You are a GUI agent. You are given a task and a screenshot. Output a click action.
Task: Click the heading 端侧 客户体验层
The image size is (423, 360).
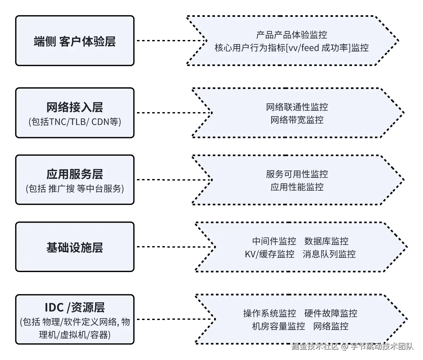pyautogui.click(x=75, y=42)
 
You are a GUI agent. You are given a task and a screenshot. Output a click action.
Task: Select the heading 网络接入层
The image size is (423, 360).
pyautogui.click(x=75, y=107)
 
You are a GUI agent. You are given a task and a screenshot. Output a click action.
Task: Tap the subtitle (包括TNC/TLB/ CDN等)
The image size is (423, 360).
pyautogui.click(x=75, y=122)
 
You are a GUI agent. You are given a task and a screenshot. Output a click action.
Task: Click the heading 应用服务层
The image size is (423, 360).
pyautogui.click(x=75, y=174)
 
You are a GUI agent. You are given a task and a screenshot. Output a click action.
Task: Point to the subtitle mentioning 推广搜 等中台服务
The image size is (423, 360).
pyautogui.click(x=75, y=189)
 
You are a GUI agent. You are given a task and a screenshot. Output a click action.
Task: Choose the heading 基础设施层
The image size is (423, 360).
pyautogui.click(x=75, y=247)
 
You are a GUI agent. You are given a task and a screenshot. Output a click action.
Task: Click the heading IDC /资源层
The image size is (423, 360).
pyautogui.click(x=75, y=307)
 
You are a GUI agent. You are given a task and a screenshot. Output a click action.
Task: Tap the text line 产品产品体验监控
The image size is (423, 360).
pyautogui.click(x=291, y=35)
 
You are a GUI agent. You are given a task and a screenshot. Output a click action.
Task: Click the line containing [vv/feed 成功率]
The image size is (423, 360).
pyautogui.click(x=291, y=48)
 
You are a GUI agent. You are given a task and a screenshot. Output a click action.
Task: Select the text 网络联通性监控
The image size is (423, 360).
pyautogui.click(x=297, y=107)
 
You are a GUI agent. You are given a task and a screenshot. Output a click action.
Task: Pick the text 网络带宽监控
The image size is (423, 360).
pyautogui.click(x=297, y=120)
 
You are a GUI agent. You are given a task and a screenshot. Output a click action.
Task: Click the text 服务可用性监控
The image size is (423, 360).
pyautogui.click(x=297, y=174)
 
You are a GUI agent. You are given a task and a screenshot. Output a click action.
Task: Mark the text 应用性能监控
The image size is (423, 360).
pyautogui.click(x=297, y=187)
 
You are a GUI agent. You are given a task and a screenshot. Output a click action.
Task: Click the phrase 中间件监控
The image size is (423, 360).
pyautogui.click(x=274, y=241)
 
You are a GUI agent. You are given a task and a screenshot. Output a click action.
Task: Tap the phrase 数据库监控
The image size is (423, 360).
pyautogui.click(x=326, y=241)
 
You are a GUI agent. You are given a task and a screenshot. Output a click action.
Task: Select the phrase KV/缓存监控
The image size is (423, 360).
pyautogui.click(x=270, y=254)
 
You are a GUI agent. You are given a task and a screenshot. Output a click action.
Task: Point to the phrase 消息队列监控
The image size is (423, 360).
pyautogui.click(x=329, y=254)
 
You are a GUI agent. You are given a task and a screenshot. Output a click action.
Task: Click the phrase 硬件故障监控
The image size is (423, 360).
pyautogui.click(x=331, y=313)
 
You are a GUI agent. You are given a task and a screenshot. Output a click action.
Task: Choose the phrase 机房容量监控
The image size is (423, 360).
pyautogui.click(x=278, y=326)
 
